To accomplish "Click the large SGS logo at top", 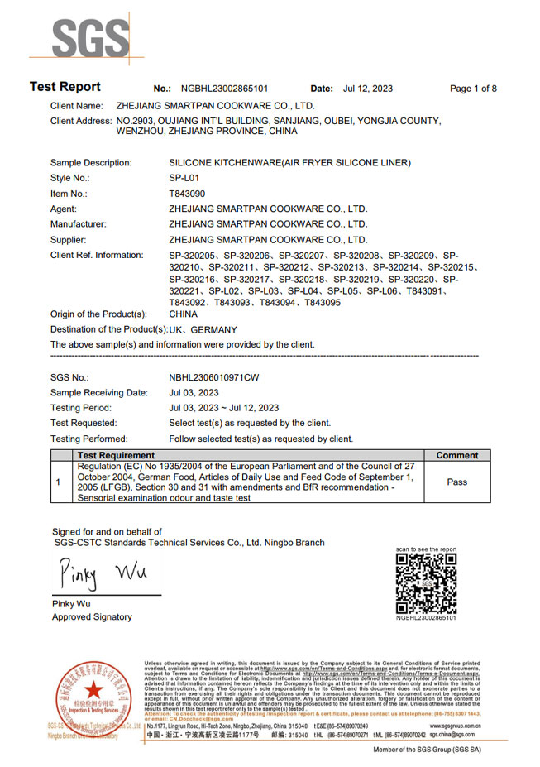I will tap(91, 37).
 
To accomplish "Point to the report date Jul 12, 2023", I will tap(367, 89).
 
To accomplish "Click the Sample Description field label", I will tap(97, 163).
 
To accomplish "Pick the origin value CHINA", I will tap(183, 314).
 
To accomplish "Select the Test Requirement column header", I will tap(116, 455).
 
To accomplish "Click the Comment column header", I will tap(456, 455).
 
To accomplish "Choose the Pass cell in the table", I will tap(456, 482).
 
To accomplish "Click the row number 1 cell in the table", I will tap(59, 482).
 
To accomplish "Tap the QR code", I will tap(426, 583).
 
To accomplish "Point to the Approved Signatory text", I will tap(92, 617).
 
